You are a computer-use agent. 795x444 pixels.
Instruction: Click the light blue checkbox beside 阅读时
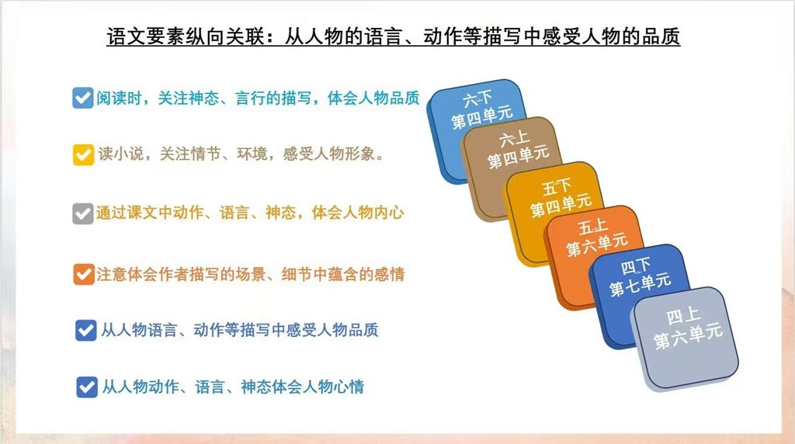(82, 98)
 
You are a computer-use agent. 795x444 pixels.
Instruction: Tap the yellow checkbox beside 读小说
(83, 154)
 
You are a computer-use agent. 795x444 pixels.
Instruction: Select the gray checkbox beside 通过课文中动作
(82, 213)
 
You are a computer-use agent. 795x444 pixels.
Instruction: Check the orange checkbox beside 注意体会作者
(84, 274)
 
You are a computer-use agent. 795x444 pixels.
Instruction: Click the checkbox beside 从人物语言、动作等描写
(85, 331)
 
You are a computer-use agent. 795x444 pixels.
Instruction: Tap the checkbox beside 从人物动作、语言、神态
(87, 387)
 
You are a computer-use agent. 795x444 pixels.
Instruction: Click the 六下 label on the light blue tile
(477, 99)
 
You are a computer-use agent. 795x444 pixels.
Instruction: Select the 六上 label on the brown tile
(514, 138)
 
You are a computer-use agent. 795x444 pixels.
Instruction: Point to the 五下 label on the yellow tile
(556, 186)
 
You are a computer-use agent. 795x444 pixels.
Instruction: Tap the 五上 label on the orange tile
(592, 227)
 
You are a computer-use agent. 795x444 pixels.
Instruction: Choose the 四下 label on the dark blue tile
(635, 265)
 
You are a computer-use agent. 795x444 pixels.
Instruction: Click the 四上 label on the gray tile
(683, 316)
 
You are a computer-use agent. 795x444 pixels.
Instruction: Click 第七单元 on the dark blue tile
(640, 285)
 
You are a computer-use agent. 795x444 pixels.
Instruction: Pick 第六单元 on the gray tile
(688, 336)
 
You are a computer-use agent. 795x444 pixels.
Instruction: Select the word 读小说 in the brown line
(120, 154)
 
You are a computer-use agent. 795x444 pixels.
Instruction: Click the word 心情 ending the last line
(349, 387)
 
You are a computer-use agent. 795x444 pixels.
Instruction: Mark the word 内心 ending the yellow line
(389, 213)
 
